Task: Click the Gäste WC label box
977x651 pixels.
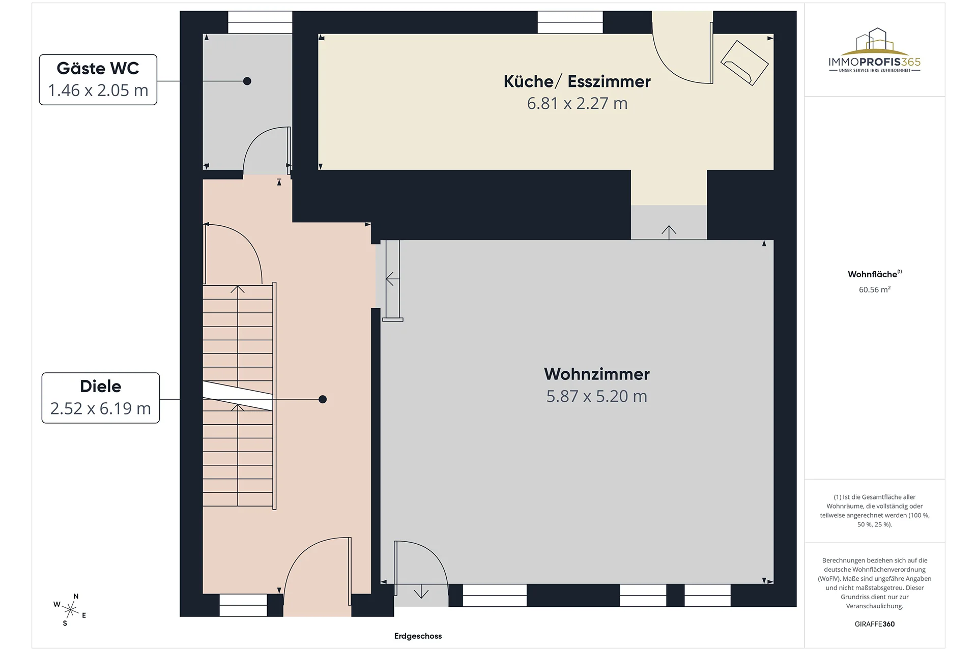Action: pos(98,80)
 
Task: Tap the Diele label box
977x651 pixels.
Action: pos(101,398)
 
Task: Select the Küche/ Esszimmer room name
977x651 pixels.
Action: pos(577,81)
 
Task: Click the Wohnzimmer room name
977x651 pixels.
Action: pos(597,374)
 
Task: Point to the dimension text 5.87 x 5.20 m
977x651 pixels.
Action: pos(597,396)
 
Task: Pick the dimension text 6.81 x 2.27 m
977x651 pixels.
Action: pos(577,103)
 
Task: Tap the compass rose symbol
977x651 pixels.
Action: pos(70,609)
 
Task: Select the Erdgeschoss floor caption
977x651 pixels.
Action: pos(418,636)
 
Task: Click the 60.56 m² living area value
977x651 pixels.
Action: pos(875,289)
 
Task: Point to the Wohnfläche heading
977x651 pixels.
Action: pos(874,274)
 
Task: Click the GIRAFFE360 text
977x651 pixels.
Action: pos(875,624)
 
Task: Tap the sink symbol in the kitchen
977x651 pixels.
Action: pos(744,63)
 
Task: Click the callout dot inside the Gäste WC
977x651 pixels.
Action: pos(247,81)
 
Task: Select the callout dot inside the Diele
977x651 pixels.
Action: pos(323,399)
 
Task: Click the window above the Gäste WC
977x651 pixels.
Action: pos(260,22)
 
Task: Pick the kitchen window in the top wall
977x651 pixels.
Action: pos(570,22)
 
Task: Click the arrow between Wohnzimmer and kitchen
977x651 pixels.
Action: pos(669,232)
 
